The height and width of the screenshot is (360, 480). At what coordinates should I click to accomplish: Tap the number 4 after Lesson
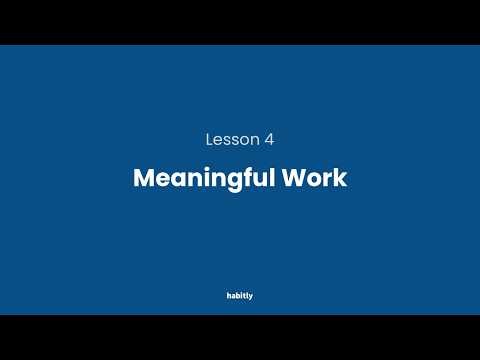(x=268, y=140)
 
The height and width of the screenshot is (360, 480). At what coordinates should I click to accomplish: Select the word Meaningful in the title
(x=198, y=179)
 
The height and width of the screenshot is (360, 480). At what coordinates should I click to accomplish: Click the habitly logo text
(x=240, y=296)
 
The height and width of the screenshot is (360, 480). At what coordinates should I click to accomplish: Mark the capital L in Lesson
(x=209, y=140)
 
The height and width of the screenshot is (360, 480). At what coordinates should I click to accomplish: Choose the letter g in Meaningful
(x=221, y=181)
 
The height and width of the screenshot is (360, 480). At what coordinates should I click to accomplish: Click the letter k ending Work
(x=340, y=179)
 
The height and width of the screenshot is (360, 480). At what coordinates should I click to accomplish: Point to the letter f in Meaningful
(x=235, y=178)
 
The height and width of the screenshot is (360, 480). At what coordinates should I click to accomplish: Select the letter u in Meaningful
(x=247, y=180)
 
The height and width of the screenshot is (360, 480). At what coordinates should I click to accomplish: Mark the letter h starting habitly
(x=229, y=296)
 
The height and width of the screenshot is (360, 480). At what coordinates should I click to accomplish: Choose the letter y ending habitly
(x=251, y=297)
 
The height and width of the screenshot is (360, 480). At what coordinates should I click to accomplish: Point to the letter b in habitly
(x=238, y=296)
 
